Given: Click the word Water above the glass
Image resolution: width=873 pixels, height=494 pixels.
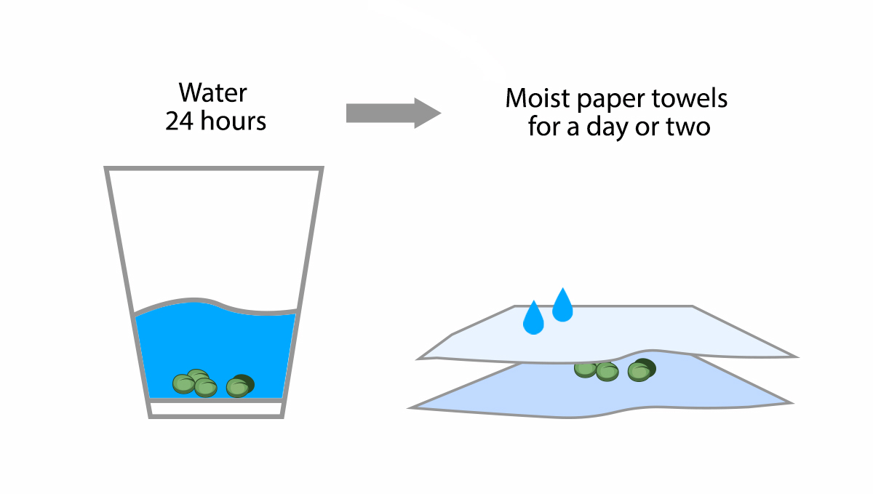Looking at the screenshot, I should click(x=213, y=93).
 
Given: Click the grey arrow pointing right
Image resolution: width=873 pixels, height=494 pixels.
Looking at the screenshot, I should click(x=393, y=113).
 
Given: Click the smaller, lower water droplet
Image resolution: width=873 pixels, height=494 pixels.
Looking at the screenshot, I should click(x=533, y=319).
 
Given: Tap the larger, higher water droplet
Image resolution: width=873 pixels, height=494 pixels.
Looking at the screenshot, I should click(x=562, y=306).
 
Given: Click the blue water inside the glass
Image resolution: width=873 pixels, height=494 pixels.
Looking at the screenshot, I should click(x=218, y=342).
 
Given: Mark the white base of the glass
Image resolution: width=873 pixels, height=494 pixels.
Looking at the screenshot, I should click(x=215, y=410).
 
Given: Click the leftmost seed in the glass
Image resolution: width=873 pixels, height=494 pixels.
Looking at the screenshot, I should click(x=183, y=383).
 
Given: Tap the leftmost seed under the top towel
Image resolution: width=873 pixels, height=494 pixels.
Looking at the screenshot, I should click(x=584, y=370).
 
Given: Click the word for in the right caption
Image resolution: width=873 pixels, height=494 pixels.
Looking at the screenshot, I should click(x=543, y=128).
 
